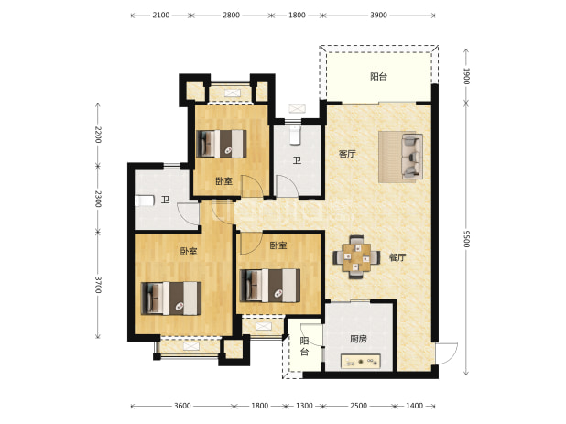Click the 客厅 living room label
coord(347,154)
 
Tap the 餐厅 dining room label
coord(397,257)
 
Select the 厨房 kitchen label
coord(358,339)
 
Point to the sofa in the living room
coord(412,157)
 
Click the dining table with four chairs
coord(356,257)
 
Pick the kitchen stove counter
coord(361,362)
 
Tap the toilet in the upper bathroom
coord(295,135)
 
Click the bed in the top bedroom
coord(222,144)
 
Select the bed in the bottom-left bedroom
coord(171,299)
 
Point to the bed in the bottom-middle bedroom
coord(270,286)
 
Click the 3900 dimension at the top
coord(378,16)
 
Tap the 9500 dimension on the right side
coord(466,238)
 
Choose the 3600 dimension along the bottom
coord(182,406)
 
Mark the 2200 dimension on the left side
coord(98,135)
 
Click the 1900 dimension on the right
coord(466,76)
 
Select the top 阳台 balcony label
coord(378,77)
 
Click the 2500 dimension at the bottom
coord(358,406)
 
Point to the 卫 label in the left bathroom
coord(166,200)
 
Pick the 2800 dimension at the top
coord(231,16)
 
